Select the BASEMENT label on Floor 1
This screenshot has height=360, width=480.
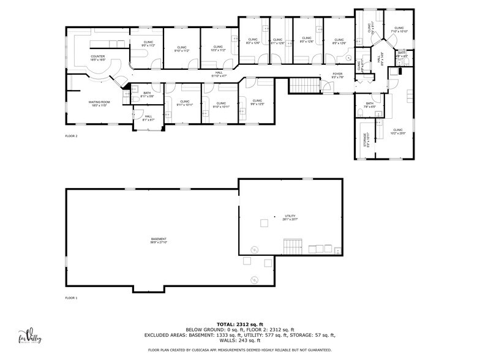click(x=159, y=240)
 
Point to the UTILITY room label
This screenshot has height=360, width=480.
click(x=290, y=217)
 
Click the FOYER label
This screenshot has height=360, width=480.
click(x=337, y=75)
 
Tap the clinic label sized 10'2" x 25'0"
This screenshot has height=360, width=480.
click(x=399, y=131)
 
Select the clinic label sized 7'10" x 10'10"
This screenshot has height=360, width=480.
click(x=399, y=29)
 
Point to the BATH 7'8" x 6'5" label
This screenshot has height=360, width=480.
click(x=370, y=105)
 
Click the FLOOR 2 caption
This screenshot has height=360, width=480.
click(x=72, y=136)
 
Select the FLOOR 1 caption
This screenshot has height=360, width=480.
click(x=72, y=298)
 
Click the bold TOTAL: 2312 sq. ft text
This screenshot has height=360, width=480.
click(x=239, y=324)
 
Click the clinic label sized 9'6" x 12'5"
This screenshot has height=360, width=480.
click(x=257, y=102)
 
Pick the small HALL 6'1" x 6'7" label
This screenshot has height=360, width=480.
click(x=148, y=118)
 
